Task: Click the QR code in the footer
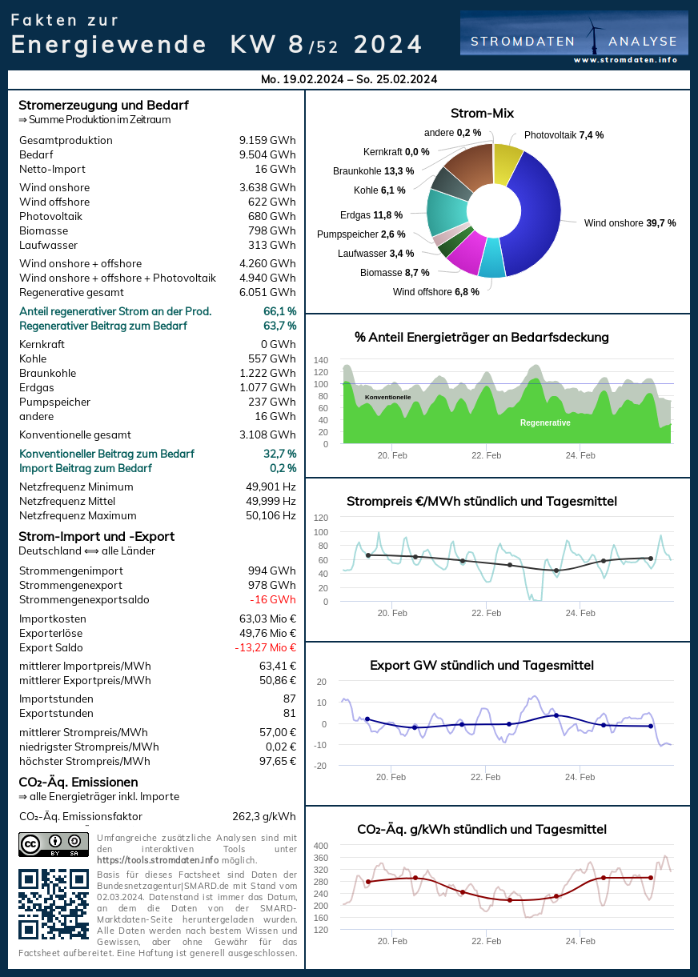tap(54, 903)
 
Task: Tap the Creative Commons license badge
tap(54, 844)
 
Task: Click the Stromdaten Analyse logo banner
tap(574, 34)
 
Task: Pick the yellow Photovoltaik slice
tap(507, 162)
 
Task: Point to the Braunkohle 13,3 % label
tap(374, 171)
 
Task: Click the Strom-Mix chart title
tap(482, 114)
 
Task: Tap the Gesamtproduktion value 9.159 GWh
tap(267, 141)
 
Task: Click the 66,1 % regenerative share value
tap(279, 311)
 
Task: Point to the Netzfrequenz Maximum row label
tap(78, 516)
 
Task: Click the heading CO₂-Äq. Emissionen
tap(78, 782)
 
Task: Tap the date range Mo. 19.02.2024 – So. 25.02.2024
tap(349, 79)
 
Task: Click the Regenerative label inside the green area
tap(545, 422)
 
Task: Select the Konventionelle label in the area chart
tap(387, 397)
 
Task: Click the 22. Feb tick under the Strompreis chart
tap(486, 613)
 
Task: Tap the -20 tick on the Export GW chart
tap(320, 766)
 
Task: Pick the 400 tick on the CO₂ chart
tap(320, 846)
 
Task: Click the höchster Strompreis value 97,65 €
tap(274, 762)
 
